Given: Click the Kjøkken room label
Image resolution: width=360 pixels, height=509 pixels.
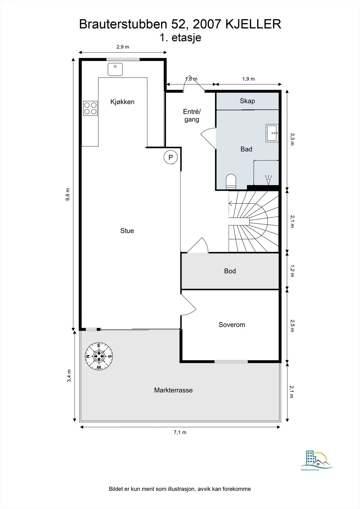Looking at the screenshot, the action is tap(122, 102).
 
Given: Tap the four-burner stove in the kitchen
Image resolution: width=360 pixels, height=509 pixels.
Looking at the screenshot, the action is tap(90, 108).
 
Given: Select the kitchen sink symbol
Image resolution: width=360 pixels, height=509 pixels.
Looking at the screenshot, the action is tap(115, 69).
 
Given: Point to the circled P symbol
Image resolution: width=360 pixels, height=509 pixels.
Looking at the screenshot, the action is tap(171, 157).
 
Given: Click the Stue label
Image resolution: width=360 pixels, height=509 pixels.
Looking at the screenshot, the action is tap(127, 231).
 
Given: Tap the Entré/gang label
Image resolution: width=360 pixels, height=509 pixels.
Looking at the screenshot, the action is tap(192, 115).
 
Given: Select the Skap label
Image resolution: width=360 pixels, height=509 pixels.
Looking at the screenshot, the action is tap(247, 101).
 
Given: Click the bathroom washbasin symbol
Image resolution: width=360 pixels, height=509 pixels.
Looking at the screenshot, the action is tap(272, 133).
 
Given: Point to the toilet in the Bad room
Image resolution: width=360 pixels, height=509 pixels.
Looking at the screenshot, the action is tap(231, 182).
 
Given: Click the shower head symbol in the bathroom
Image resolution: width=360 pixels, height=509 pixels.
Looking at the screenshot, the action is tap(269, 180).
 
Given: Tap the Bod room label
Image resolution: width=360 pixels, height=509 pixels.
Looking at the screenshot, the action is tap(230, 271).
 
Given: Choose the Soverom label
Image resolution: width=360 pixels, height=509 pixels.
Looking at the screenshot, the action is tap(232, 325).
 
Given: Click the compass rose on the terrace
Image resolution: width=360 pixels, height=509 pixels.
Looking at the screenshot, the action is tap(99, 356).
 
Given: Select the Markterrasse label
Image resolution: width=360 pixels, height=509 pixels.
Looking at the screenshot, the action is tap(173, 390).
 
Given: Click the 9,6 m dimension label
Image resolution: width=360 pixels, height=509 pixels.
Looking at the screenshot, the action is tap(68, 194).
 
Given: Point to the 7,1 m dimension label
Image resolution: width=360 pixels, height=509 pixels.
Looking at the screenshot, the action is tap(180, 432).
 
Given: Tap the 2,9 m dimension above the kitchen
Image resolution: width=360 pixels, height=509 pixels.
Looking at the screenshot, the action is tap(123, 47).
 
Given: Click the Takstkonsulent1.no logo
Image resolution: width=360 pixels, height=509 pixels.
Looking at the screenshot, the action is tap(316, 464).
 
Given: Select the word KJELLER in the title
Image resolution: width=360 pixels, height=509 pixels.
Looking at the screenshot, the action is tap(253, 24).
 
